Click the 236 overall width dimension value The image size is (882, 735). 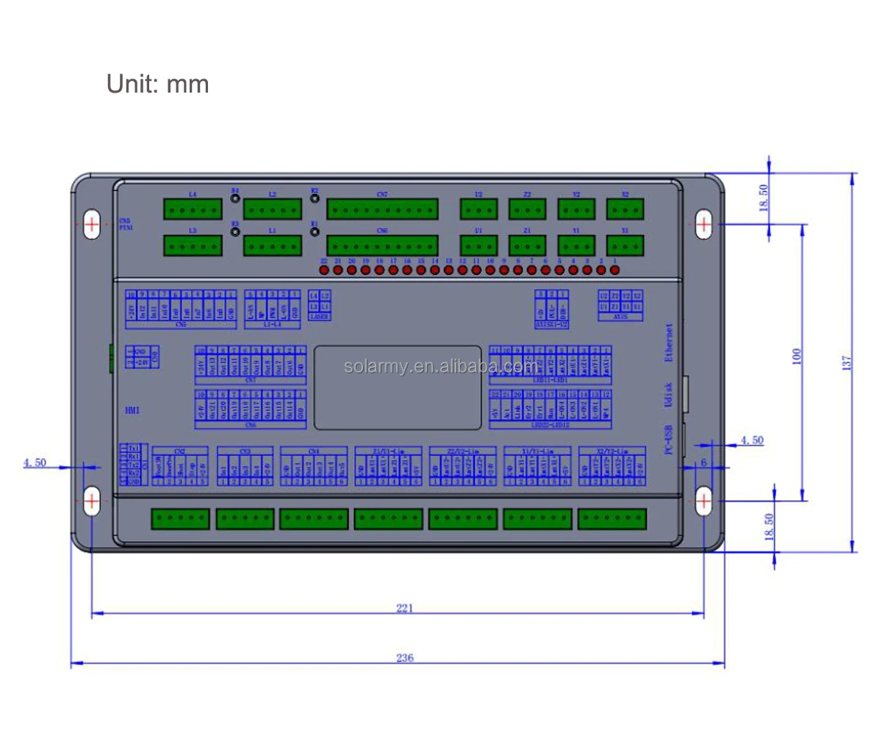click(x=404, y=657)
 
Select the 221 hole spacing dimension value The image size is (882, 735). click(x=404, y=608)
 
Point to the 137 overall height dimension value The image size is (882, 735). click(x=847, y=362)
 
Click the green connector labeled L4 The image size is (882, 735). click(x=193, y=209)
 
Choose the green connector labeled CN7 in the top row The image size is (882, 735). click(x=382, y=209)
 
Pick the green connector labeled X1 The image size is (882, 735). click(x=625, y=245)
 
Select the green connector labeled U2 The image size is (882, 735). click(x=478, y=209)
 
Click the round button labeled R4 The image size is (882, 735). click(x=235, y=197)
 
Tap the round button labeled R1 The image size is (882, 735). click(x=314, y=232)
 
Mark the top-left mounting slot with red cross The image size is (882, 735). click(x=92, y=223)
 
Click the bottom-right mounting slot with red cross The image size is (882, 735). click(x=703, y=501)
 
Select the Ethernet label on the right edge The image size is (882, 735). click(x=669, y=343)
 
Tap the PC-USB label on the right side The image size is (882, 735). click(x=669, y=440)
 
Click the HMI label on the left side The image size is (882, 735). click(x=132, y=411)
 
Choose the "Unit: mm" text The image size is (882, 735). click(x=158, y=84)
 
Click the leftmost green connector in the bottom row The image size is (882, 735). click(x=180, y=519)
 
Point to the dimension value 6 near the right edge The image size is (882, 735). click(x=703, y=462)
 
